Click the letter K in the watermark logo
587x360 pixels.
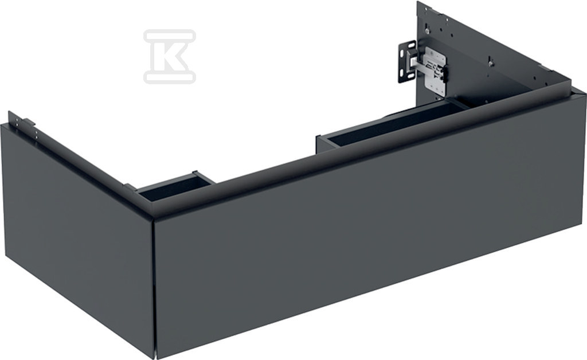pyautogui.click(x=169, y=56)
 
